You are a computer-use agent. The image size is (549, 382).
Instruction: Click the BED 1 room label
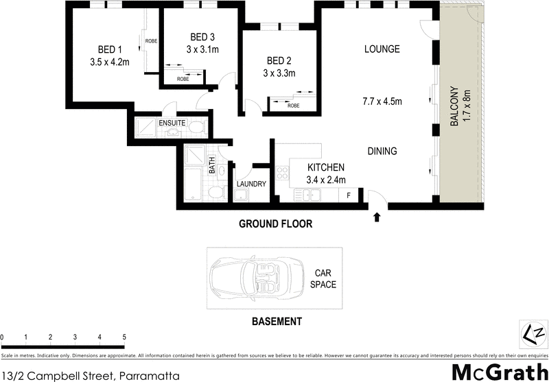(110, 49)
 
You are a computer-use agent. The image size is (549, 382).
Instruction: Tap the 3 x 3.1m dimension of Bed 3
(202, 49)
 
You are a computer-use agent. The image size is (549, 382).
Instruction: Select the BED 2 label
(279, 60)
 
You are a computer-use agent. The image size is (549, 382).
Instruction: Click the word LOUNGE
(382, 49)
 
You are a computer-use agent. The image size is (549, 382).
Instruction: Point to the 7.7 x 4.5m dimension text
(382, 102)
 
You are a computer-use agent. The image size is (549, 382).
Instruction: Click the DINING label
(382, 152)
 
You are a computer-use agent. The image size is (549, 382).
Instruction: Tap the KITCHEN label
(325, 167)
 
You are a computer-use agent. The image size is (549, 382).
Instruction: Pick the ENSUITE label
(172, 123)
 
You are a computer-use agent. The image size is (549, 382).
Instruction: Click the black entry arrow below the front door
(376, 217)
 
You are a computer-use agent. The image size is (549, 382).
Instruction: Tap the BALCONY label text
(454, 106)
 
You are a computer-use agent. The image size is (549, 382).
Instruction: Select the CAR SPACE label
(323, 278)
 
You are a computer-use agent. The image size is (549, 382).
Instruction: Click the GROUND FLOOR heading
(275, 224)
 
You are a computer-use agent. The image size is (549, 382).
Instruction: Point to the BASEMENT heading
(277, 321)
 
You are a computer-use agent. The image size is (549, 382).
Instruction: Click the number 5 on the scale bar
(124, 337)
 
